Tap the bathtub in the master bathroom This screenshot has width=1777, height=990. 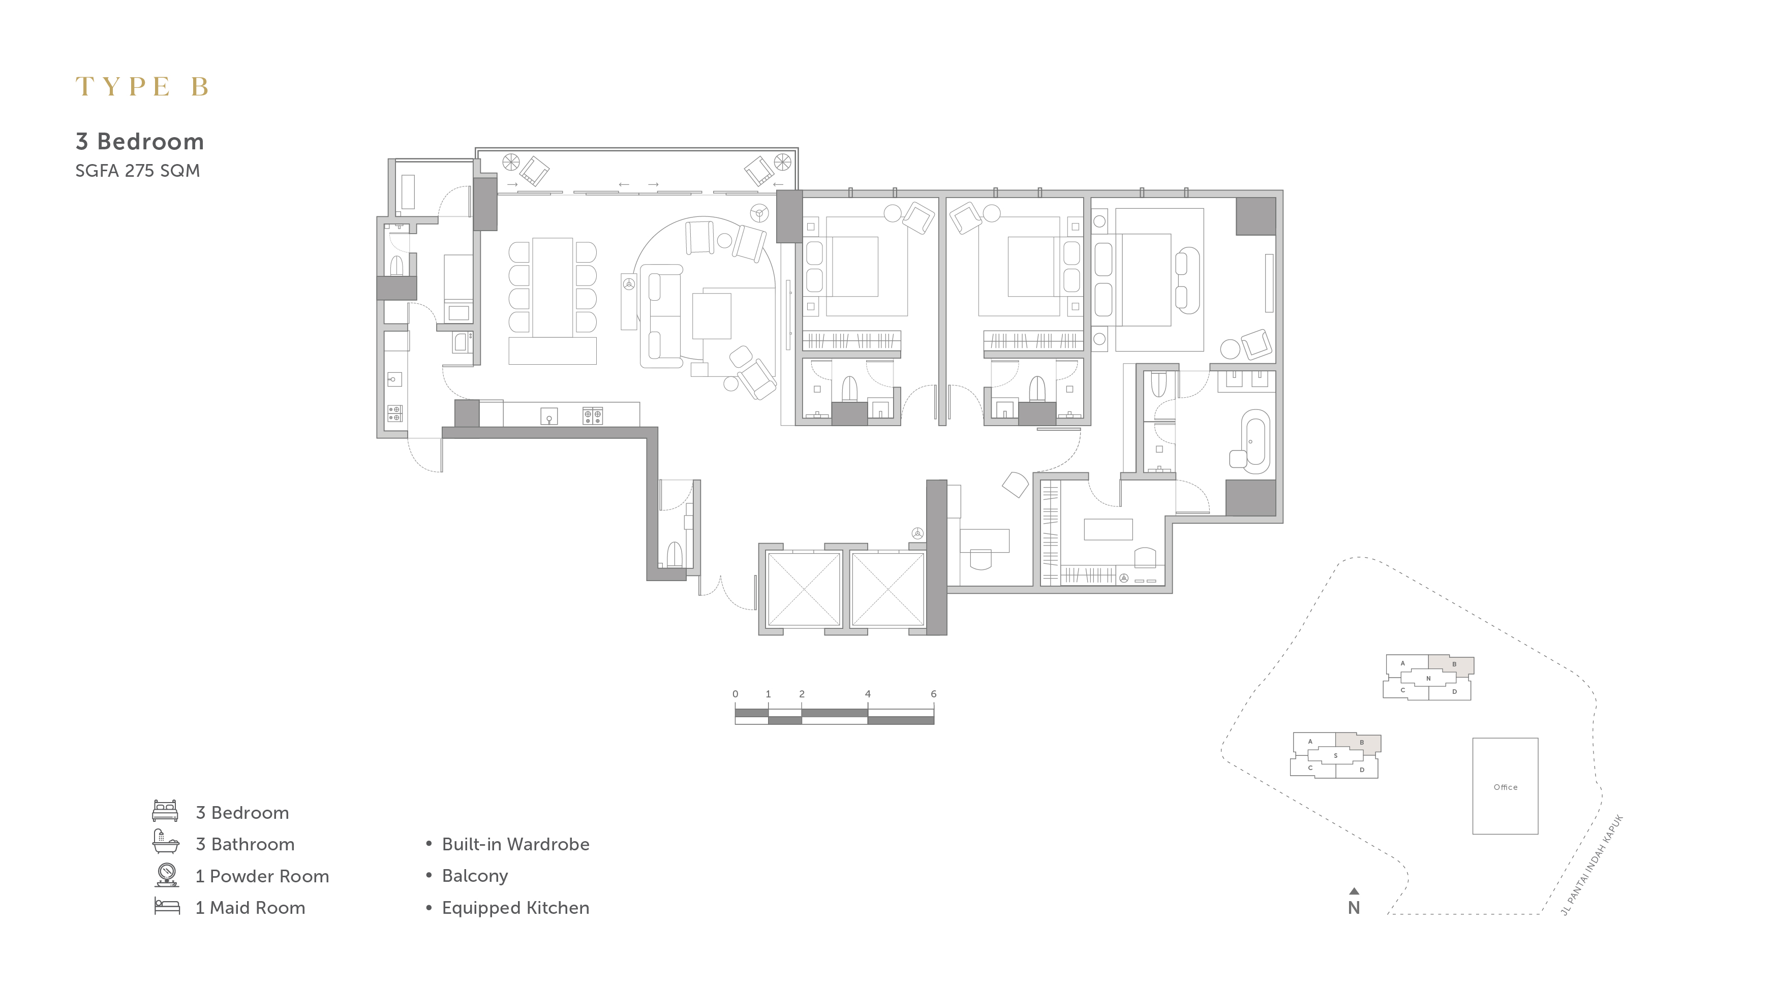point(1255,441)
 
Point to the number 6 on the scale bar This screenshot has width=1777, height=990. point(933,693)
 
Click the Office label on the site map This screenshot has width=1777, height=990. point(1505,787)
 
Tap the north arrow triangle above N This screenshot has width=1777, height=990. point(1354,891)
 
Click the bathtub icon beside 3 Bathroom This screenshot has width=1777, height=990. point(166,842)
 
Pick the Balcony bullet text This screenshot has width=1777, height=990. point(475,876)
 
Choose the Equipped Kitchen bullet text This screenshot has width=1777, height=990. point(515,908)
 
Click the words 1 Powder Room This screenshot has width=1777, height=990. point(262,876)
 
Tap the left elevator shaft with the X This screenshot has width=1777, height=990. point(804,589)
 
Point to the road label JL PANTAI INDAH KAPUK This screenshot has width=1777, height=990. point(1592,865)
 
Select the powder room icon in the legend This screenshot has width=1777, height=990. point(166,874)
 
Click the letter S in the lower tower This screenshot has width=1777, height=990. point(1335,756)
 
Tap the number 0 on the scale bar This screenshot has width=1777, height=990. point(736,693)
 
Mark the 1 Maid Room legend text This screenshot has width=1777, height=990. point(251,907)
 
